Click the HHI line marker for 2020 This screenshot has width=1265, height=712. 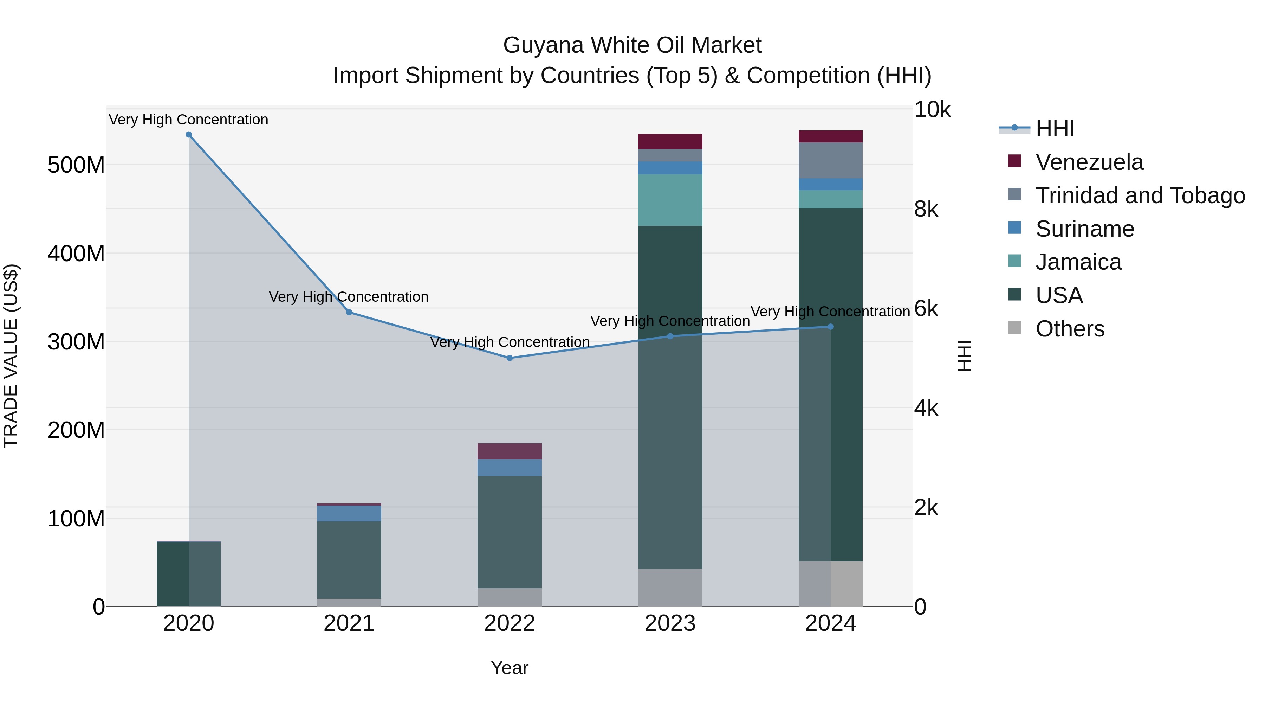tap(189, 135)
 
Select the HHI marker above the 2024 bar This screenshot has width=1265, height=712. tap(830, 327)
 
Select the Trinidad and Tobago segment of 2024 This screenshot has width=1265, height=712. tap(830, 160)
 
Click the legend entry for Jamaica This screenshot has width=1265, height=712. tap(1078, 262)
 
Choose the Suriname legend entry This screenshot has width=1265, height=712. tap(1085, 229)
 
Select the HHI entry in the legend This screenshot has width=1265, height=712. tap(1055, 129)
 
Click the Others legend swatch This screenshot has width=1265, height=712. tap(1014, 328)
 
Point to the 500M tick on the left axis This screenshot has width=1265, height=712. tap(76, 165)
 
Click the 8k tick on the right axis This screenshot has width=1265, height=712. tap(926, 209)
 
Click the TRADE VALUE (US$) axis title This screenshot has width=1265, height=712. tap(11, 356)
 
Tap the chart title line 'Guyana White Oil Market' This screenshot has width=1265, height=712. tap(632, 45)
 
